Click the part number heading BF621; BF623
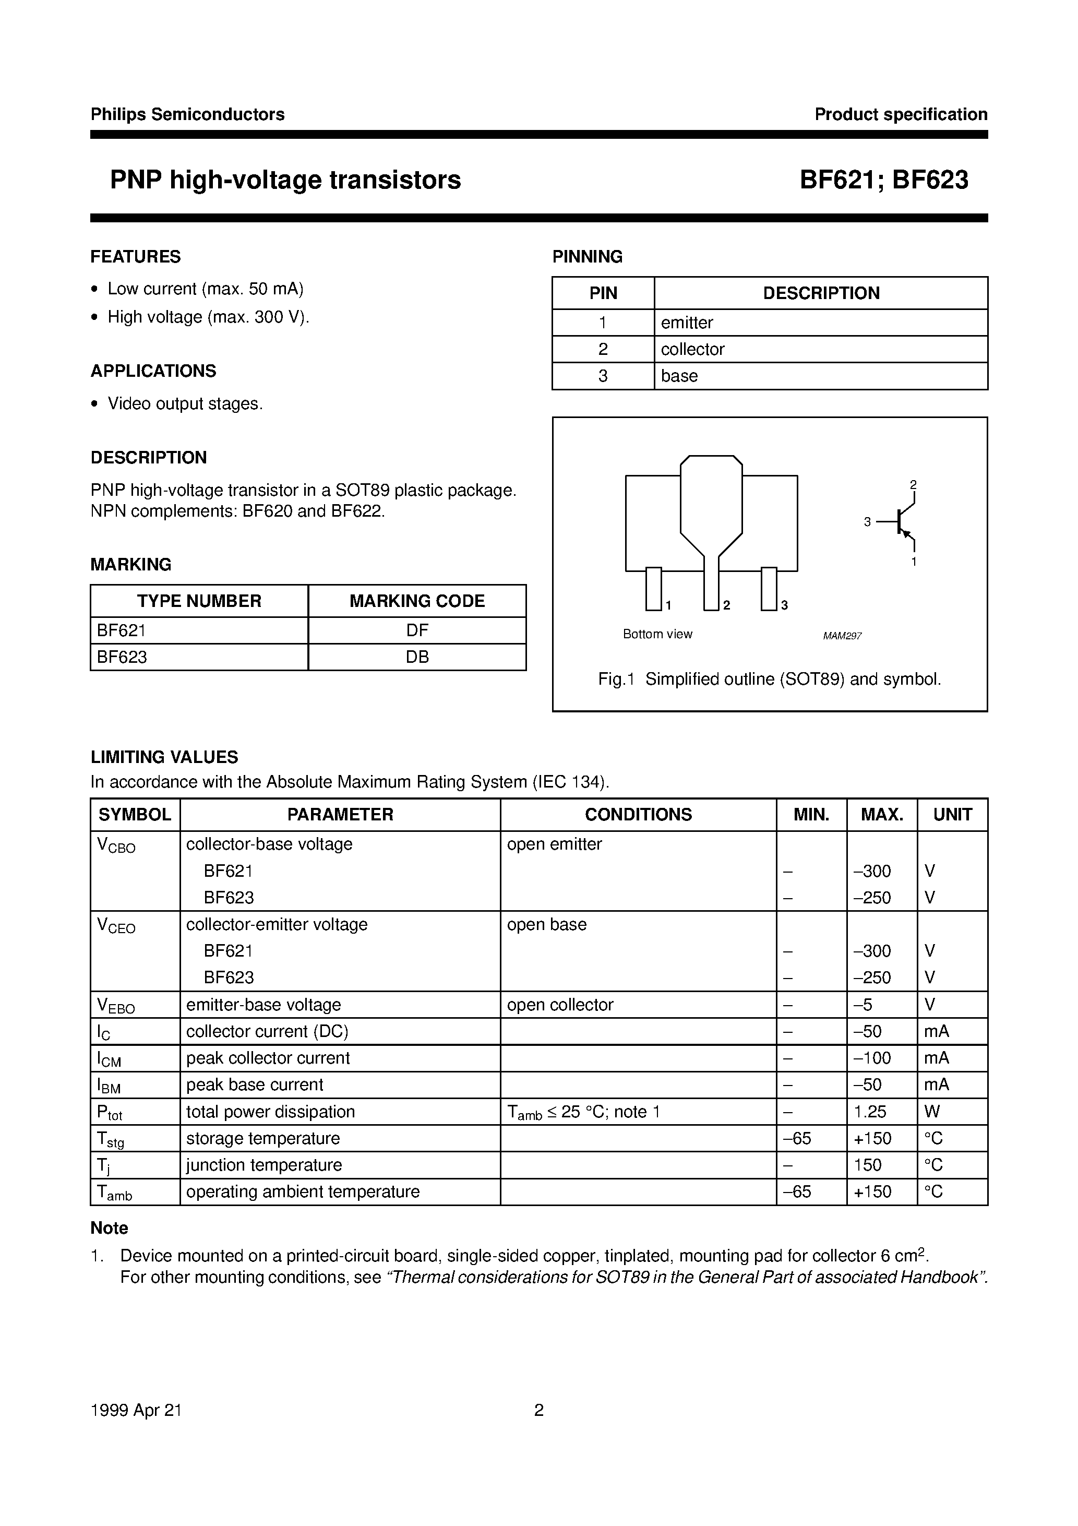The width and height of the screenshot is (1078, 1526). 883,180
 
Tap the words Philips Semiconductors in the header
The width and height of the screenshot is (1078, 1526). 187,114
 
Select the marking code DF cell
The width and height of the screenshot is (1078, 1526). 417,630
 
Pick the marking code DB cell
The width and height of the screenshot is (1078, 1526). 417,657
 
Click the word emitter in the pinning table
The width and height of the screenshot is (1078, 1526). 687,323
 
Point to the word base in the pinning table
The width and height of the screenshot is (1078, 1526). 679,376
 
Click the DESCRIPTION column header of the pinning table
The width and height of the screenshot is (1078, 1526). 821,293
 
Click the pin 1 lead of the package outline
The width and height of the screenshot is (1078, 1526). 653,588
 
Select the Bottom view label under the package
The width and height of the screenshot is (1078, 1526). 657,634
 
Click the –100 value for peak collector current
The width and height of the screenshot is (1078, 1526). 872,1057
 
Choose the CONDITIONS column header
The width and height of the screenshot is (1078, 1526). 638,814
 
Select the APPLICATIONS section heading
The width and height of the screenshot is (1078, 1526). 153,371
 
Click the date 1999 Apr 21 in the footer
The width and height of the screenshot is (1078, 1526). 136,1410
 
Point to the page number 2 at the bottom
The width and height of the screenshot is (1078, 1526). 539,1410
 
